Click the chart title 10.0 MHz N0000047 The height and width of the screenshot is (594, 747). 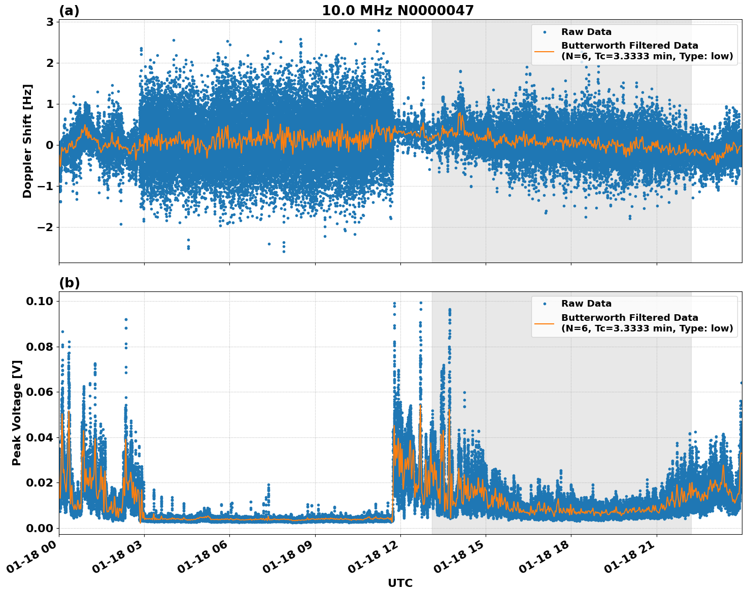(397, 11)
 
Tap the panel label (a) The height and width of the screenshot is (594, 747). (69, 11)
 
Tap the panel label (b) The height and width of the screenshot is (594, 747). (69, 283)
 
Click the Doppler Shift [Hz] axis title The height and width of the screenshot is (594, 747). (27, 141)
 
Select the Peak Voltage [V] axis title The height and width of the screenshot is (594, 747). (17, 413)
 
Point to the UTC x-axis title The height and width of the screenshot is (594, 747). (400, 583)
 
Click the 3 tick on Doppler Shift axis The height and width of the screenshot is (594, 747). (50, 22)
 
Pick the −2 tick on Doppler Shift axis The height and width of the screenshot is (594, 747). (46, 227)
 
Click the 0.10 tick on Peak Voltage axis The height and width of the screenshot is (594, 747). (40, 301)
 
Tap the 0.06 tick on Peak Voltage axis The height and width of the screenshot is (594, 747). (40, 392)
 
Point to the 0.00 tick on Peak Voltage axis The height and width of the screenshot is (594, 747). (40, 528)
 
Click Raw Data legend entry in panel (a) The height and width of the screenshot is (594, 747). (586, 32)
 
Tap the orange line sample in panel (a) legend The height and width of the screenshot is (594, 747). (545, 51)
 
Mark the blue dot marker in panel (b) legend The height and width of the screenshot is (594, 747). (545, 304)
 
